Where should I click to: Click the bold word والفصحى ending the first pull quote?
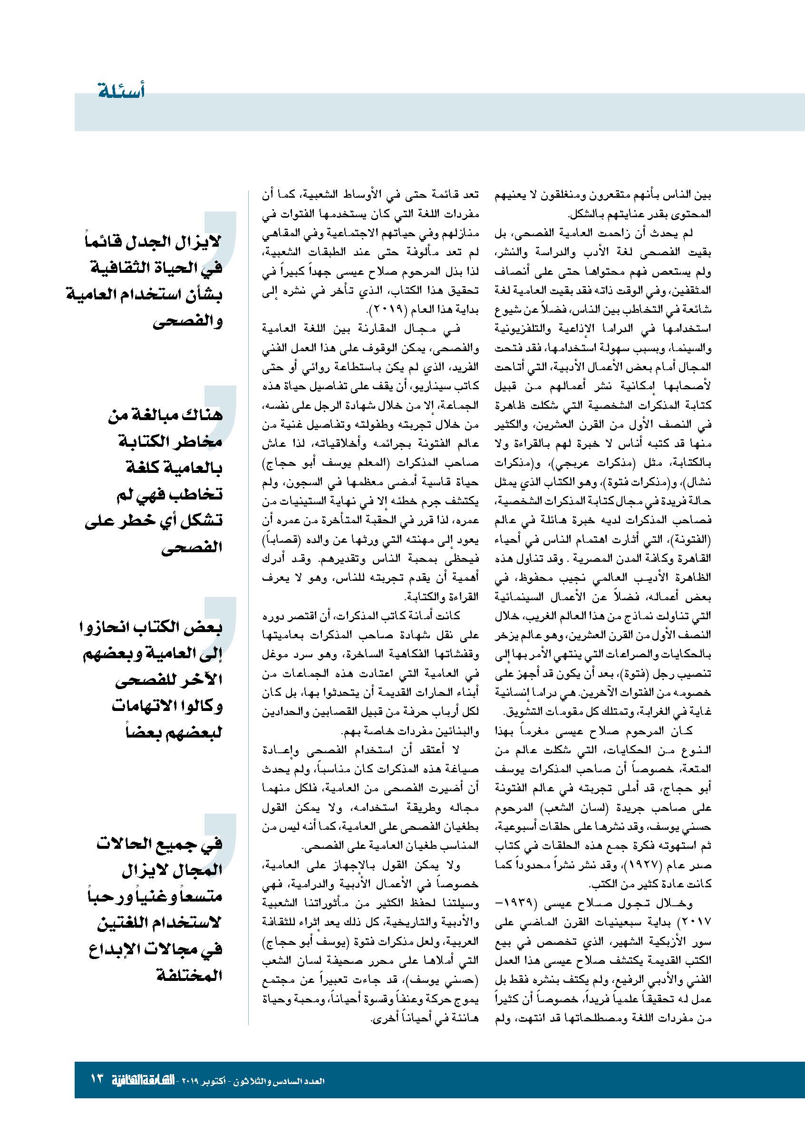188,321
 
